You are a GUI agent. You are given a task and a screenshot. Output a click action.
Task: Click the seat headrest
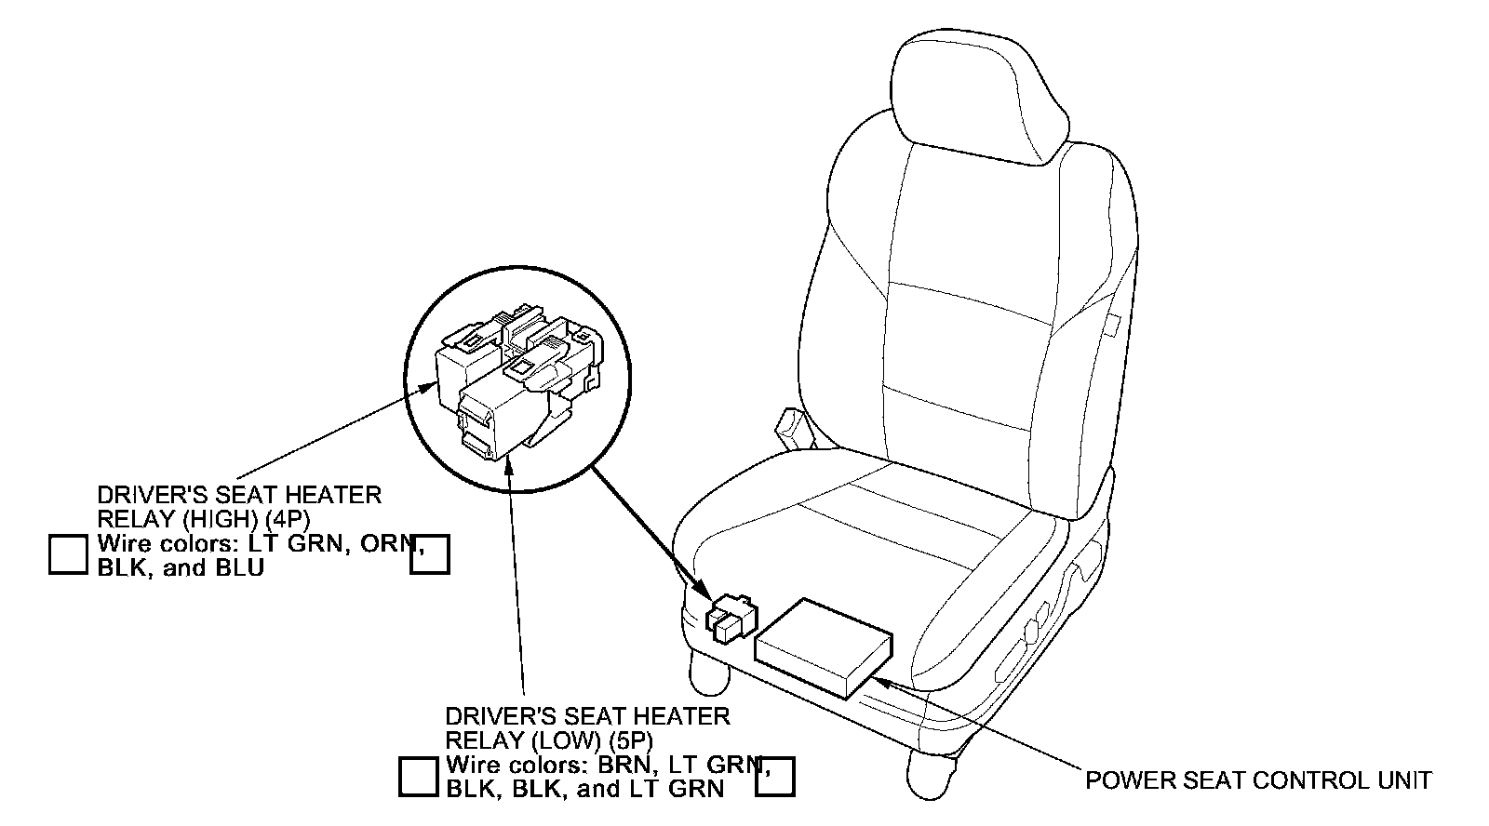point(977,93)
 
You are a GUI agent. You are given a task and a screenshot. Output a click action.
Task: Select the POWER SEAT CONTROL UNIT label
point(1258,779)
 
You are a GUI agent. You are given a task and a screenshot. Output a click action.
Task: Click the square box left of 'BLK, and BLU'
point(68,553)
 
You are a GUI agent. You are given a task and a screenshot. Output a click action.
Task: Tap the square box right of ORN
point(430,554)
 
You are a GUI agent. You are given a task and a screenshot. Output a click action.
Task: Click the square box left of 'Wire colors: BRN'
point(418,777)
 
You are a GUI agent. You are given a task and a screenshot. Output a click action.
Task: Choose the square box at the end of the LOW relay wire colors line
point(775,777)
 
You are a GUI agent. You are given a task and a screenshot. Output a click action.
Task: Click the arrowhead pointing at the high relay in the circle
point(429,386)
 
